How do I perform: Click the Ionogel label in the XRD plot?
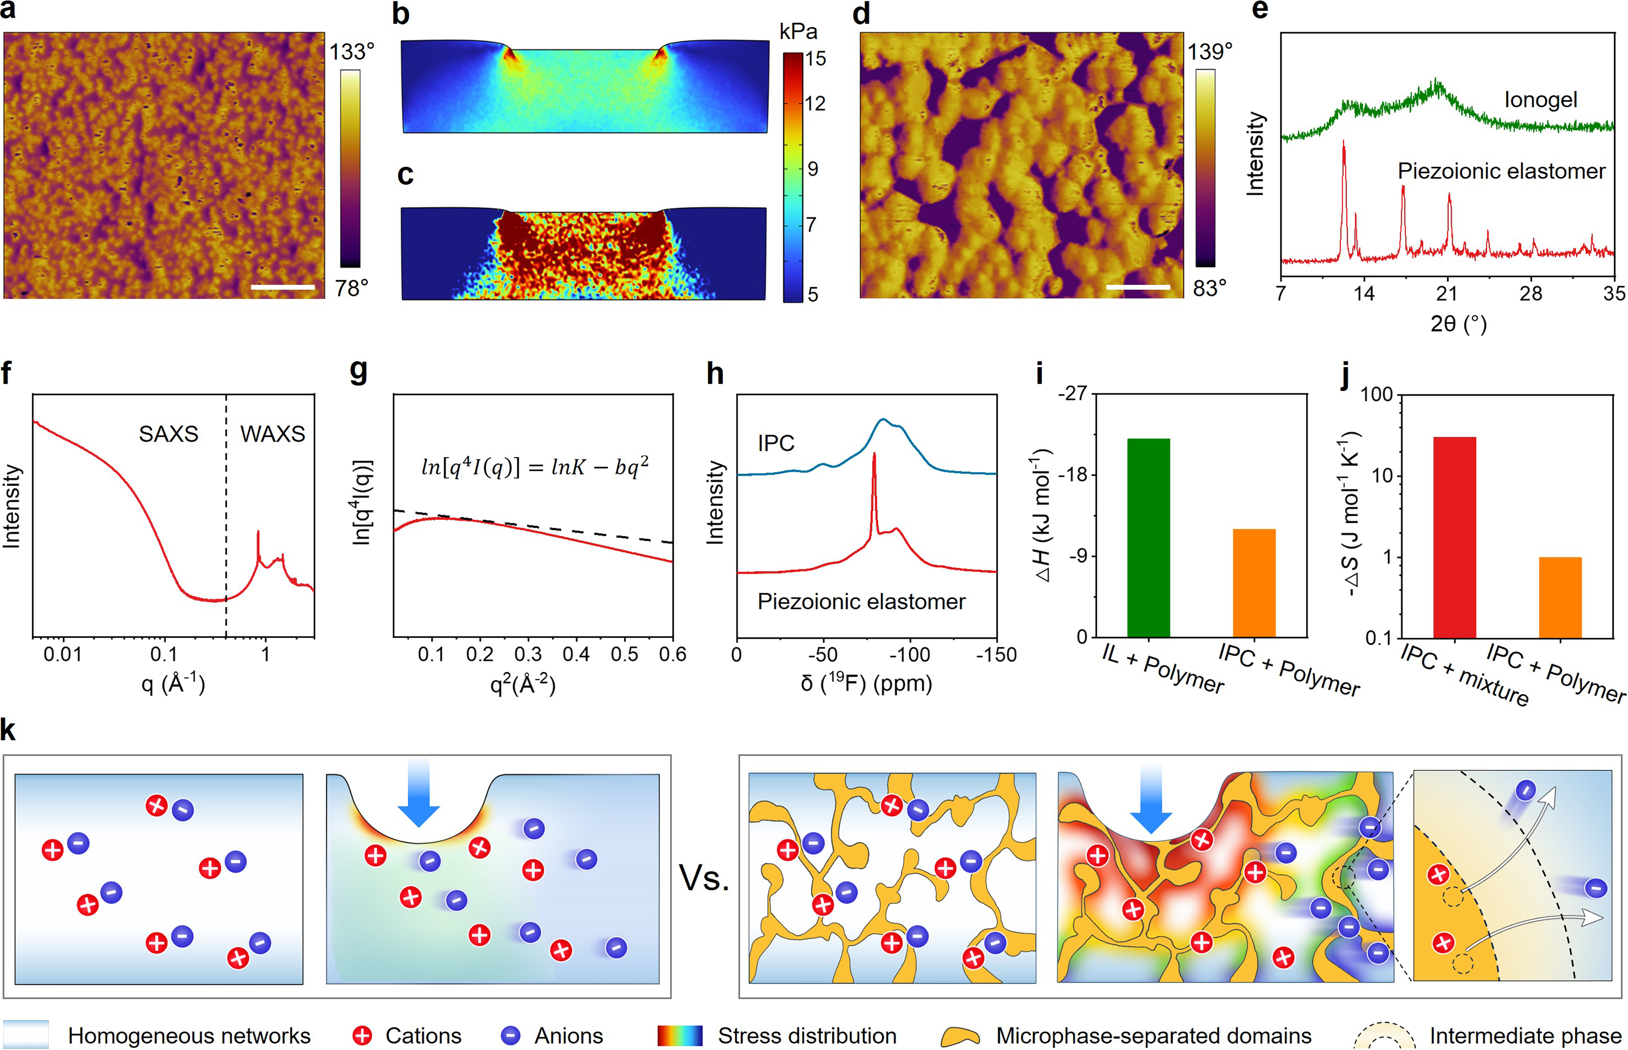click(1540, 100)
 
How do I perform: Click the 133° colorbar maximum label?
click(352, 52)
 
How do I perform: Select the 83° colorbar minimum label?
click(1209, 288)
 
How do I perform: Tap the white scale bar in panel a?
click(283, 287)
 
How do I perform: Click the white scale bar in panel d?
click(1137, 287)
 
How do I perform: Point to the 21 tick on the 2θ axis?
click(1447, 294)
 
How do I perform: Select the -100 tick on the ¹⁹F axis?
click(909, 655)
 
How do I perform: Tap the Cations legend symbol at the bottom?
click(362, 1035)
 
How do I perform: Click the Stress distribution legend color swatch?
click(679, 1035)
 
